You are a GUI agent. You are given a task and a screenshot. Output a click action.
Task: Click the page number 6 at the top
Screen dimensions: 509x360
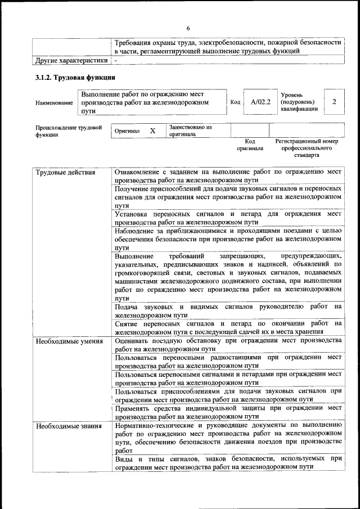click(x=188, y=29)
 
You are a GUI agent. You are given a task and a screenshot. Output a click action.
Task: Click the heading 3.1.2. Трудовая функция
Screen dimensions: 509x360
click(x=75, y=78)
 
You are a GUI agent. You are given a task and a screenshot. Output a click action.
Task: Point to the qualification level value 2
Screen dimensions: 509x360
click(x=335, y=102)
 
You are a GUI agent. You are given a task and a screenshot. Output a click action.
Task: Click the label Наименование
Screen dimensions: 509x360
click(x=54, y=103)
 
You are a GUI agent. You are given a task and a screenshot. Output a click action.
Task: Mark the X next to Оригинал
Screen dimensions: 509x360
click(x=152, y=130)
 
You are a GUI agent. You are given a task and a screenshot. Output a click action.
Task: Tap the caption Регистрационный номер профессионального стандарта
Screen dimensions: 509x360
click(x=307, y=148)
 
